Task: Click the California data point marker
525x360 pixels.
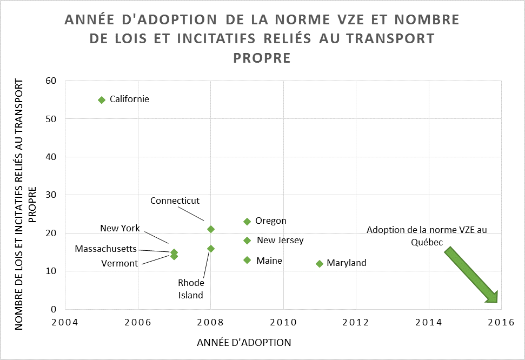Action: pos(102,99)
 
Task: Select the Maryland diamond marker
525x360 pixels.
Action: pos(320,263)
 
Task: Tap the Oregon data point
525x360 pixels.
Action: pos(247,221)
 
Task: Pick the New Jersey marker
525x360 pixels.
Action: pos(247,241)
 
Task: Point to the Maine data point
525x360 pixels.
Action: pos(247,260)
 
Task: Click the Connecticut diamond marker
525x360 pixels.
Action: pos(211,229)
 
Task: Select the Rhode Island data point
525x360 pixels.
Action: pos(211,249)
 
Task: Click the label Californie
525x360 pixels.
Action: pos(129,99)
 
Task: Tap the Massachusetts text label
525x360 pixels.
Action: pos(105,249)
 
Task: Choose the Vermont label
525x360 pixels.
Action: pos(119,263)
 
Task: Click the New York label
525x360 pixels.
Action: pos(120,228)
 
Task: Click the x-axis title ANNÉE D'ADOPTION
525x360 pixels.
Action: pos(244,343)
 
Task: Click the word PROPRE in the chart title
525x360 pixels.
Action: pos(262,57)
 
